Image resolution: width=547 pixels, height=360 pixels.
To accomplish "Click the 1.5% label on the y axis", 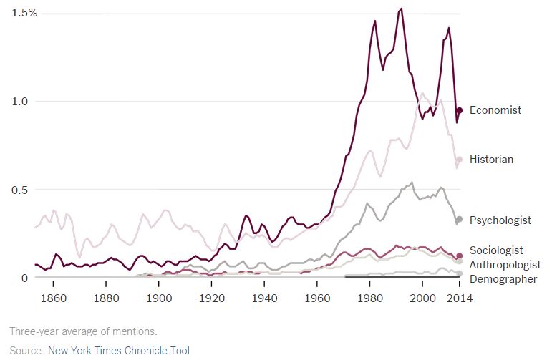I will (25, 14).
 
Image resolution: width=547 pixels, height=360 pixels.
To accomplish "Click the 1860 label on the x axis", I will (54, 298).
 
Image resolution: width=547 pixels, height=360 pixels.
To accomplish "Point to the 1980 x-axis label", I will (369, 298).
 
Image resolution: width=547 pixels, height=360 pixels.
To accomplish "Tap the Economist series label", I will (495, 110).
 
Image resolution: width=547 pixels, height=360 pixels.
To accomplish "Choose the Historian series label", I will (491, 160).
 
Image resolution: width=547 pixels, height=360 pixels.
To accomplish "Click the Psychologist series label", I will (500, 220).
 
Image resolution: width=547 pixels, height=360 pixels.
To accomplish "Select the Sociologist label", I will (496, 250).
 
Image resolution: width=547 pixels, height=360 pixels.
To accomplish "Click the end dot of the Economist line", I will (460, 110).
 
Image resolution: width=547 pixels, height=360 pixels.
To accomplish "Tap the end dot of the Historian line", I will (460, 160).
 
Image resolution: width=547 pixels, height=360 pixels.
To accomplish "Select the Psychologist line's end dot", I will (460, 219).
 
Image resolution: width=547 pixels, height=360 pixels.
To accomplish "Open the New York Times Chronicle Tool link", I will (118, 350).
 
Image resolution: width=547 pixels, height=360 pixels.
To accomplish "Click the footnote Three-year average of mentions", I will (83, 331).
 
